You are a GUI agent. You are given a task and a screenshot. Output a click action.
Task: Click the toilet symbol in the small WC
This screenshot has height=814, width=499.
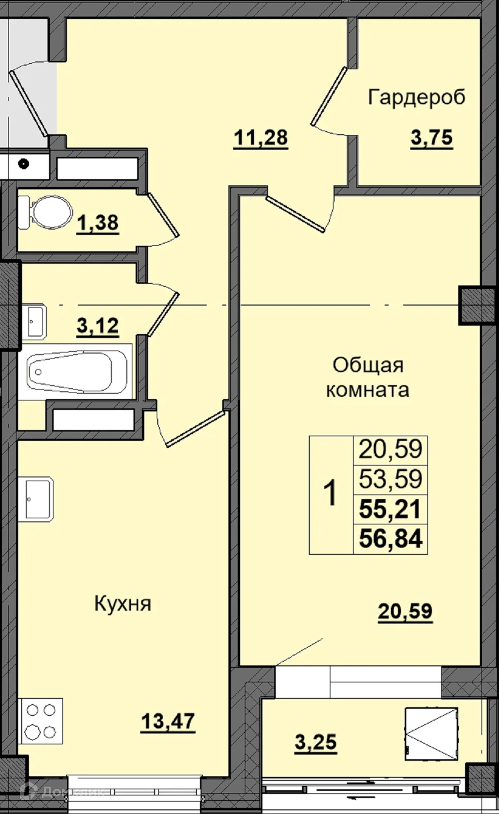[46, 212]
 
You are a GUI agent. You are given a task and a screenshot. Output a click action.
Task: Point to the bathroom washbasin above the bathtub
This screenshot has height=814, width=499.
[35, 321]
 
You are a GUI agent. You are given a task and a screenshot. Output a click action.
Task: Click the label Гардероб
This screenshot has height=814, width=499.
[417, 97]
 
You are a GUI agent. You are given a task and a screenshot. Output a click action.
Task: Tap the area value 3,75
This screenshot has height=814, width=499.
[431, 138]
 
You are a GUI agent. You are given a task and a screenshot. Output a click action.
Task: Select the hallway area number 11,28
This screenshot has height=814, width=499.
[261, 138]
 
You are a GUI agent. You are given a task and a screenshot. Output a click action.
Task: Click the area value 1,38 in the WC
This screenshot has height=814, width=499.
[98, 223]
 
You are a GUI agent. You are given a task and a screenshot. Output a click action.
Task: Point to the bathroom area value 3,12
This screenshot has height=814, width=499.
[98, 326]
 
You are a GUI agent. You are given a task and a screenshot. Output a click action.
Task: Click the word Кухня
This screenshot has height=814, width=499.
[123, 603]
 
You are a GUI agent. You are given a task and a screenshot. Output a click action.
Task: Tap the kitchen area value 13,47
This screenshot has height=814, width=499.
[168, 721]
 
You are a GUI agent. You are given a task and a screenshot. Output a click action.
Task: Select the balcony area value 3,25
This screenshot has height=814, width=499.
[315, 742]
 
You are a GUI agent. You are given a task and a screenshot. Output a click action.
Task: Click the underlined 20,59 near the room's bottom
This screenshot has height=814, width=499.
[405, 611]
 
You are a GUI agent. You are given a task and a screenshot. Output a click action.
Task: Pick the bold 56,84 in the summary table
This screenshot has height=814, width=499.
[390, 539]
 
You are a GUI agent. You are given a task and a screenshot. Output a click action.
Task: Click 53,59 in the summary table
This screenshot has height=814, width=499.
[390, 479]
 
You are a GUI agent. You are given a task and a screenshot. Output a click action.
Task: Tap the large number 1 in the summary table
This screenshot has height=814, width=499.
[330, 493]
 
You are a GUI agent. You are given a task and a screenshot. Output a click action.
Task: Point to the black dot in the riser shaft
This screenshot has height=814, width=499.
[23, 164]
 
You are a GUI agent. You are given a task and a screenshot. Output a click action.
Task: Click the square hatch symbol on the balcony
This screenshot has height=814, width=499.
[431, 733]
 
